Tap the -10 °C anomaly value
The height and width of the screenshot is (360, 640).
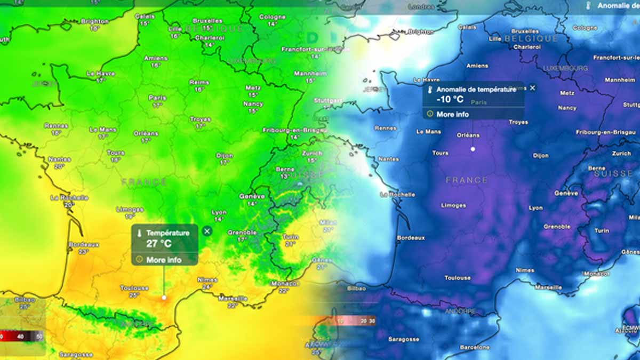tap(450, 99)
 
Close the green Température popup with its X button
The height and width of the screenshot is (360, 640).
tap(207, 230)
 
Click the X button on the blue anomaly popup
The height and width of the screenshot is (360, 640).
tap(532, 88)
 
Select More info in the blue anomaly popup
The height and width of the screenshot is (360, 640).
tap(452, 114)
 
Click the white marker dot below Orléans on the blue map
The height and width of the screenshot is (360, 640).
tap(473, 149)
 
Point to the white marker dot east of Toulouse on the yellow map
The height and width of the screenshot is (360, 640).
tap(164, 297)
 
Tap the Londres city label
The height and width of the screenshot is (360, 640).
tap(421, 7)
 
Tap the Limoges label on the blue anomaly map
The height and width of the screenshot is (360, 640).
tap(453, 205)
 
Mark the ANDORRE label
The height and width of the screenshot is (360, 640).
tap(458, 311)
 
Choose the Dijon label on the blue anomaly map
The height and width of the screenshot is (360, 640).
tap(540, 156)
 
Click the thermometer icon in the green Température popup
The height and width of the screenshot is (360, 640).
tap(139, 233)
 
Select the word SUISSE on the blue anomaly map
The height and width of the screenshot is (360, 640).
tap(613, 174)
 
